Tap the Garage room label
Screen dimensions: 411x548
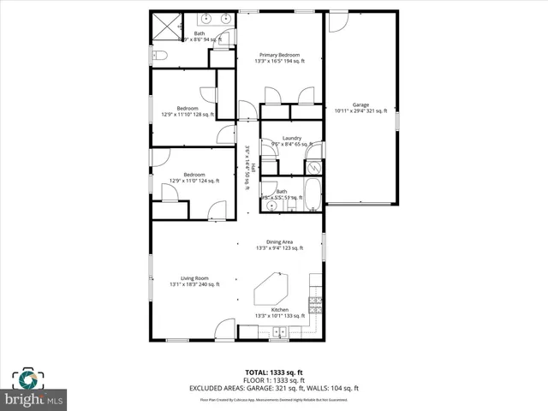click(x=360, y=104)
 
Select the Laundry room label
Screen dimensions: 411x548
click(x=291, y=138)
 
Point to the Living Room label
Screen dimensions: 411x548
click(x=188, y=278)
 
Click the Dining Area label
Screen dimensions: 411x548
click(x=280, y=242)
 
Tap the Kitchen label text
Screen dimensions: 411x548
click(x=279, y=309)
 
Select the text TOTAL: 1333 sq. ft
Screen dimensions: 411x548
click(x=274, y=372)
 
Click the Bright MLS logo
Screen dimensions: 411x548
click(x=33, y=390)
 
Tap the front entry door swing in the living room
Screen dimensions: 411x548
click(x=224, y=328)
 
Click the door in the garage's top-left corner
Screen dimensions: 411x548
click(x=338, y=21)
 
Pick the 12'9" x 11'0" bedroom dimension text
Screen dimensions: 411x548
click(x=194, y=181)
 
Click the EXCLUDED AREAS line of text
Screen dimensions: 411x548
click(x=274, y=388)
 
